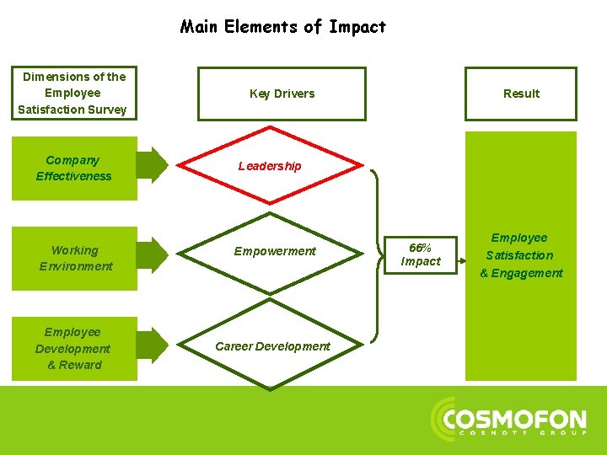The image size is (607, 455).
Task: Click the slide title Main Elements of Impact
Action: click(282, 27)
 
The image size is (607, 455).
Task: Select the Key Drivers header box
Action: click(282, 94)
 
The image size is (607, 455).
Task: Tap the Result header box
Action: click(520, 94)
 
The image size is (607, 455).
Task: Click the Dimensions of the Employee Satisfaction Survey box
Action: click(73, 93)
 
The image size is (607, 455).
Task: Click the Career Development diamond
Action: click(271, 346)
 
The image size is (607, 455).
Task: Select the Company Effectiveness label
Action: click(73, 168)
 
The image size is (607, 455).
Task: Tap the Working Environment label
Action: click(75, 258)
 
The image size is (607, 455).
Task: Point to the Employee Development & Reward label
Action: click(73, 348)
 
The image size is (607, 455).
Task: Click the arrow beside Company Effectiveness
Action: click(153, 164)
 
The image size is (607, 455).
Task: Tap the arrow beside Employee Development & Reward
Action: click(153, 346)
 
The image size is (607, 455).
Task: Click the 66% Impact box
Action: click(420, 254)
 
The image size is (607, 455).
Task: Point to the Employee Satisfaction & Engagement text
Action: click(521, 255)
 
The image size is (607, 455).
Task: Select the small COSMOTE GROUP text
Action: click(522, 435)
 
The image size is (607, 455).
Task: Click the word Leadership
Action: click(269, 166)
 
